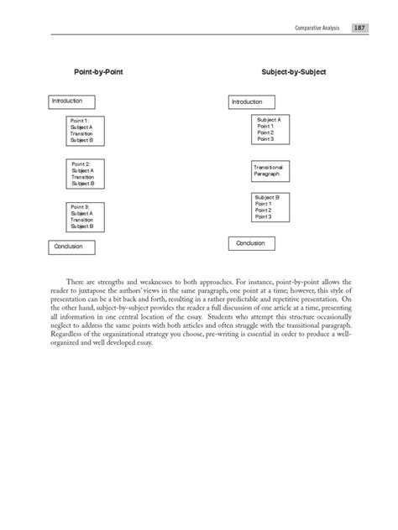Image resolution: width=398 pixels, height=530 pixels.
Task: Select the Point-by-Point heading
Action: (99, 73)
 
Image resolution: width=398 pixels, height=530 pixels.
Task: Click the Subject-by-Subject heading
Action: (295, 73)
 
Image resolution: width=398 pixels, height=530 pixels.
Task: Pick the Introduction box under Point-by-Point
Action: (78, 101)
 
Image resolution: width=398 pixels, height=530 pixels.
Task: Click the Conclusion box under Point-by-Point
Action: (73, 247)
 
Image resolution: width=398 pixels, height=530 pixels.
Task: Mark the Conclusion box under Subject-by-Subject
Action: (256, 243)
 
